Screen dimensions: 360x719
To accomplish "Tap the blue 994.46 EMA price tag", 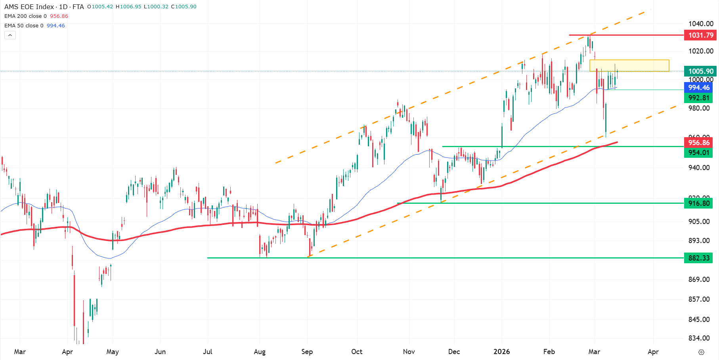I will (x=698, y=88).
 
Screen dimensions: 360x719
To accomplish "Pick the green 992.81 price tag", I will (x=698, y=98).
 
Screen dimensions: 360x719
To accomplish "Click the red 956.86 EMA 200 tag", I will (x=698, y=143).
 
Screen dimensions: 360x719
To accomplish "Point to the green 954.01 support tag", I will (x=698, y=153).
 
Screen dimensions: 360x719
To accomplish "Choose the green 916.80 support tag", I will (x=698, y=203).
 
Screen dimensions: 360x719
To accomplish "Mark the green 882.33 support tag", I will (x=698, y=258).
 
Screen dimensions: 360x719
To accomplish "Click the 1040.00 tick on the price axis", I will (x=701, y=24).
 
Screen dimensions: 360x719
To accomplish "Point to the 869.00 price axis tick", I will (x=699, y=280).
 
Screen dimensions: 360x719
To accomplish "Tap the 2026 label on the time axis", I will (x=501, y=352).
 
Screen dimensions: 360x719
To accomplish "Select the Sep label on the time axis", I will (x=307, y=352).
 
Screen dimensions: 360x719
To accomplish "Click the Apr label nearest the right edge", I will (x=653, y=352).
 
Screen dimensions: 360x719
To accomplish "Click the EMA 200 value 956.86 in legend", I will (x=59, y=16).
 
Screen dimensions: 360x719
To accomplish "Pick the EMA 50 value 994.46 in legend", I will (x=56, y=26).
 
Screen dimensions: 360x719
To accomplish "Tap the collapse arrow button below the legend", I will (x=10, y=35).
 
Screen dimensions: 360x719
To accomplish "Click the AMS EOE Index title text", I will (x=29, y=7).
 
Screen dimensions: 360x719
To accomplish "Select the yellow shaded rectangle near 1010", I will (x=629, y=65).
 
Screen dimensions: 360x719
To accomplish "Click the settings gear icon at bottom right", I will (x=701, y=352).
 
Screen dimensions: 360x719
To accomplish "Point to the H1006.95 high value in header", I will (x=128, y=7).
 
